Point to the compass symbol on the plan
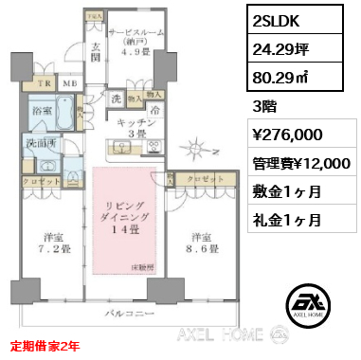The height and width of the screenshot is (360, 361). tap(194, 148)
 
